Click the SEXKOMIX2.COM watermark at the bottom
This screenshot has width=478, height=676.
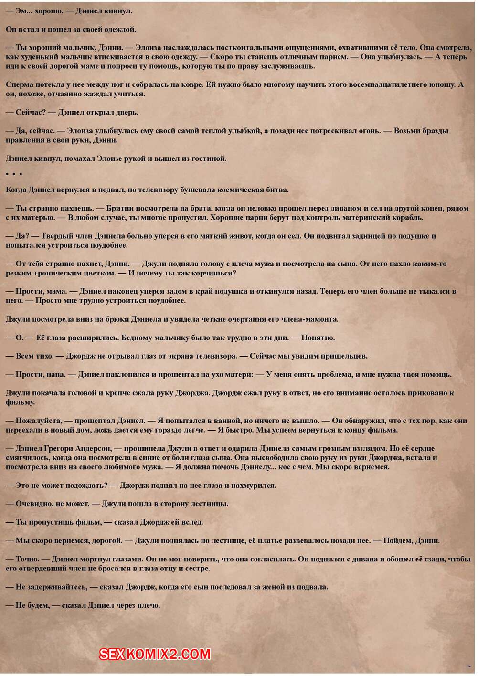155,654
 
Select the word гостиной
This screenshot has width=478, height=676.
208,158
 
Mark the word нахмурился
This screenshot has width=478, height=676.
253,485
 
